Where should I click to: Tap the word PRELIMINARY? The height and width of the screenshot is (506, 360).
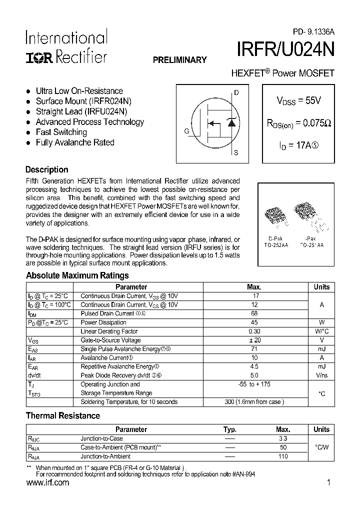(x=179, y=60)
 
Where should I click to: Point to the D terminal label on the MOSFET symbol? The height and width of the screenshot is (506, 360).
(x=236, y=93)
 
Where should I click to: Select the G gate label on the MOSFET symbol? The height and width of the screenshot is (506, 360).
(x=186, y=131)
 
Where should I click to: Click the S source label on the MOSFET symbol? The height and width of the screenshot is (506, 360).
(x=236, y=153)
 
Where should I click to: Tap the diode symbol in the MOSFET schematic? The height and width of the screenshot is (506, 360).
(x=231, y=122)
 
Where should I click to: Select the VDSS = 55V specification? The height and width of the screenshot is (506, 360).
(x=298, y=100)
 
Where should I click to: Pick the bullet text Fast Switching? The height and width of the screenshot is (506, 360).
(x=61, y=132)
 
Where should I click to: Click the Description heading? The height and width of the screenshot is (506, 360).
(x=46, y=169)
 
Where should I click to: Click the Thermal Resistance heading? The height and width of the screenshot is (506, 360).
(x=62, y=415)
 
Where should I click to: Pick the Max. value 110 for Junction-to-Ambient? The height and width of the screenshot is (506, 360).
(x=283, y=456)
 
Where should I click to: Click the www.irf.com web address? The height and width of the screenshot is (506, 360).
(x=47, y=483)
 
